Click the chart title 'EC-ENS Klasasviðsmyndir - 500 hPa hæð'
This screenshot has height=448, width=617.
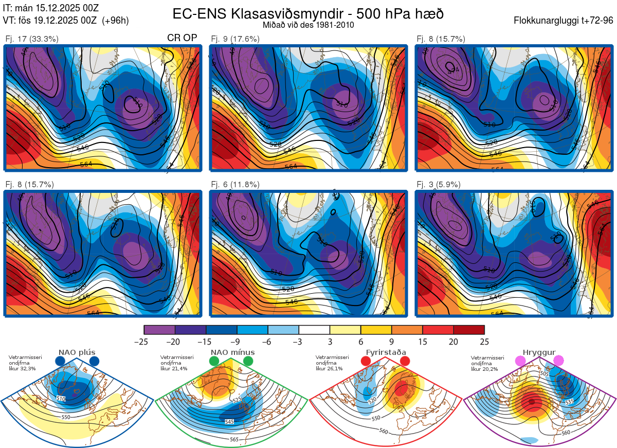coord(308,13)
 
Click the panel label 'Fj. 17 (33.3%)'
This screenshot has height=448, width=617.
coord(32,39)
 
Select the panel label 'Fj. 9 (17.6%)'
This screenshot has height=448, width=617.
coord(235,39)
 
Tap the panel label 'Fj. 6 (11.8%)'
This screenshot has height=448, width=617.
coord(235,185)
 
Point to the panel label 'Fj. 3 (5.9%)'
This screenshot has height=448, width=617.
coord(439,185)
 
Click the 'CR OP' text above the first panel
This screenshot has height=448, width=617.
coord(182,38)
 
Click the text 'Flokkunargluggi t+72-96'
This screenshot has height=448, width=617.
coord(564,21)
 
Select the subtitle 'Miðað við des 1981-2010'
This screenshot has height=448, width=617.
coord(308,25)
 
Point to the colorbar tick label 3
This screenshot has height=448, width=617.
coord(330,342)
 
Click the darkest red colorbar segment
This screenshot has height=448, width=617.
coord(469,330)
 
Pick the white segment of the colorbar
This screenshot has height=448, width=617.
coord(314,330)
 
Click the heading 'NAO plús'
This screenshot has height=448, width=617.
coord(76,353)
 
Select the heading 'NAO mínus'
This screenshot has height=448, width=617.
coord(232,353)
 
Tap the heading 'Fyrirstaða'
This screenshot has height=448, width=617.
coord(386,353)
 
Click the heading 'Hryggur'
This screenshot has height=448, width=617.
coord(539,353)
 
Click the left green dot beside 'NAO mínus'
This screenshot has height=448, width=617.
coord(214,362)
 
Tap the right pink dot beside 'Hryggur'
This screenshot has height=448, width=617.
coord(558,361)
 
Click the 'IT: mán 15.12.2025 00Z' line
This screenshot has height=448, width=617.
coord(50,8)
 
